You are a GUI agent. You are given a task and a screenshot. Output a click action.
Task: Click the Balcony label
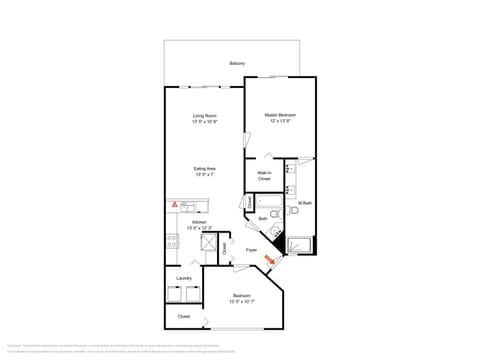(x=236, y=63)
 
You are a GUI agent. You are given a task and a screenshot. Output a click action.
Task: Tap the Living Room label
(x=205, y=116)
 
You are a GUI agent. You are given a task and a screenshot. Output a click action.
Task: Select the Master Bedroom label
(x=279, y=116)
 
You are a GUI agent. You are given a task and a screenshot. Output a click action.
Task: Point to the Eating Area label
(x=205, y=169)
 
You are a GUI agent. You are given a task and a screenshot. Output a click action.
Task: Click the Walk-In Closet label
(x=264, y=177)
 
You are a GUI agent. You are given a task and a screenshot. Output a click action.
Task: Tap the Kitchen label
(x=185, y=223)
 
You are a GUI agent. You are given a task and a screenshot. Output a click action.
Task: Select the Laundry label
(x=184, y=278)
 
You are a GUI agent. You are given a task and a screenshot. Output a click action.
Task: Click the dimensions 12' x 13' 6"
(x=279, y=121)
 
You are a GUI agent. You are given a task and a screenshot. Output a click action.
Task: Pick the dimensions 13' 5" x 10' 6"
(x=205, y=121)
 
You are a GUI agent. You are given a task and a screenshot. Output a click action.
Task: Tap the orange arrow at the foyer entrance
(x=268, y=261)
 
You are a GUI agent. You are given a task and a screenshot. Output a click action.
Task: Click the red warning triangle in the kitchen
(x=174, y=204)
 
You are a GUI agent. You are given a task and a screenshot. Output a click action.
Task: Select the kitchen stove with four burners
(x=172, y=240)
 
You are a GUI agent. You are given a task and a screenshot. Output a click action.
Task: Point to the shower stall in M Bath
(x=300, y=243)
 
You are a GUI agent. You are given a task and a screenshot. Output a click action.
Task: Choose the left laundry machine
(x=175, y=293)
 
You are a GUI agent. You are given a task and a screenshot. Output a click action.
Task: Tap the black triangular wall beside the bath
(x=272, y=243)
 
